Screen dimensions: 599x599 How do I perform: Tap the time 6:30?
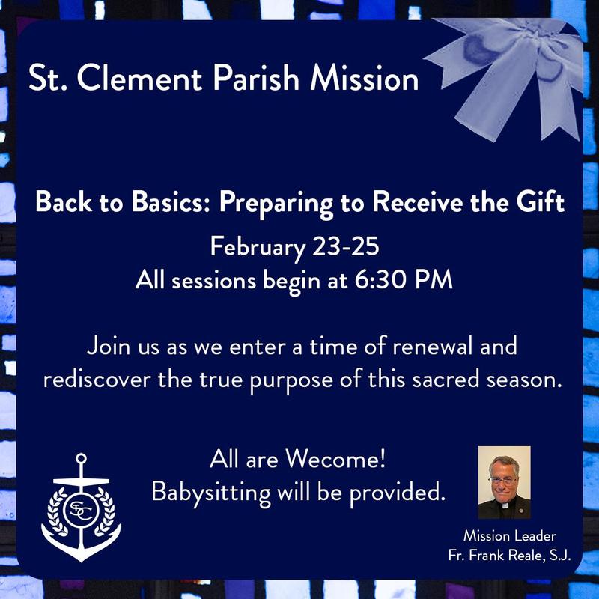(405, 282)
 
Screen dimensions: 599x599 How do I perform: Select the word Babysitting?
(206, 492)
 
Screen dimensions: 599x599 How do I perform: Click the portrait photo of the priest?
(504, 482)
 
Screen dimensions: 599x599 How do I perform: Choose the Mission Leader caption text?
(508, 536)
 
